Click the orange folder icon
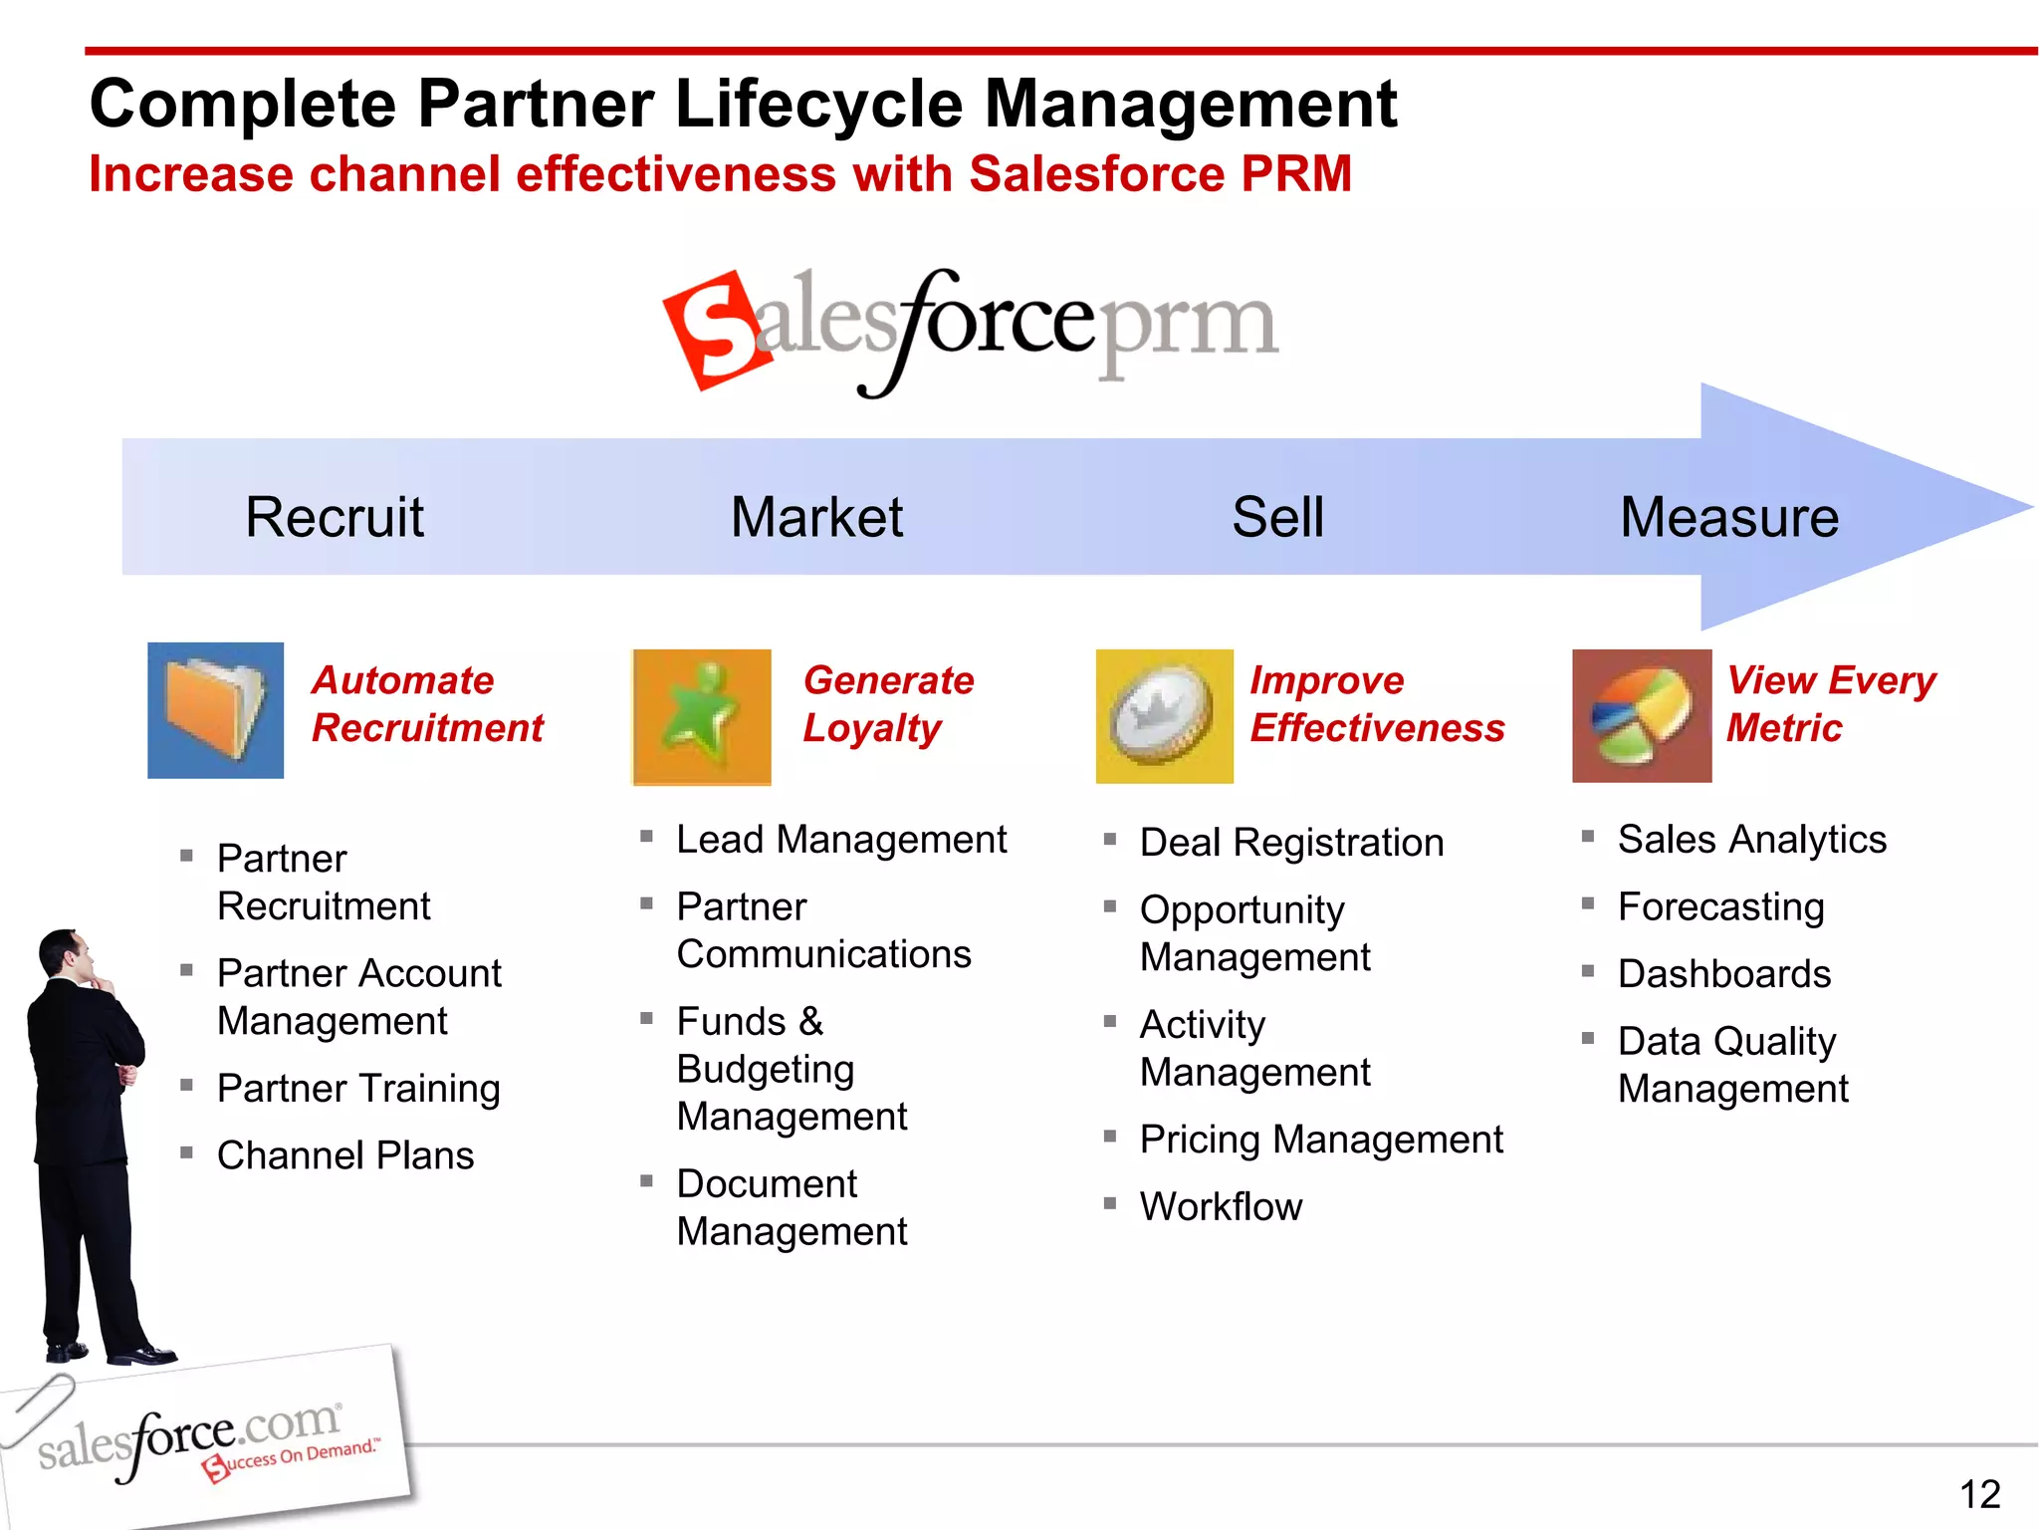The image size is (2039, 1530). click(x=215, y=710)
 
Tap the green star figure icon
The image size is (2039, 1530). click(x=702, y=716)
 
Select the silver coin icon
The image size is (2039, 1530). click(x=1164, y=716)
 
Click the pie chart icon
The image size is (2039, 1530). click(x=1641, y=716)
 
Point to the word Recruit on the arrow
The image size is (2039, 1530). click(x=335, y=517)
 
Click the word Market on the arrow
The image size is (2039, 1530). click(x=816, y=517)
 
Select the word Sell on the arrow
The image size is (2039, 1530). click(x=1277, y=517)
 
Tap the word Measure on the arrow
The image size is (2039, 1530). click(x=1728, y=517)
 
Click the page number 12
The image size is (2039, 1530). click(x=1979, y=1494)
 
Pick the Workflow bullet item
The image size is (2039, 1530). click(x=1221, y=1206)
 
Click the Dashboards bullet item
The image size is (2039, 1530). click(x=1723, y=973)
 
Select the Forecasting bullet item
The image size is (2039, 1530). click(x=1720, y=906)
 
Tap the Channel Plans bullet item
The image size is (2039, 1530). click(x=345, y=1155)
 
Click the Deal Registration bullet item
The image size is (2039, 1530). click(x=1291, y=843)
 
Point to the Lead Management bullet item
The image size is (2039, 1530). click(x=841, y=840)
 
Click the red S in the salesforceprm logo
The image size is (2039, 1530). click(x=717, y=329)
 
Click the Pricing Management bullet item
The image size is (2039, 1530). click(x=1321, y=1140)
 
